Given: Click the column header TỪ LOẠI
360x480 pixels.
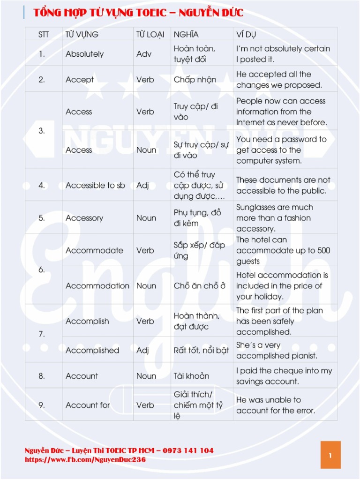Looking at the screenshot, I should coord(147,34).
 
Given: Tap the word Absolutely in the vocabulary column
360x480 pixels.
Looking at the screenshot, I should coord(84,54).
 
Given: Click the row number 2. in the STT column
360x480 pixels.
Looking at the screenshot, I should coord(42,80).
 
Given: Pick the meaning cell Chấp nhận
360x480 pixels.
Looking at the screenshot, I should coord(195,80).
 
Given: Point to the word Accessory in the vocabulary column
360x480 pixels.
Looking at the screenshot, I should coord(84,218).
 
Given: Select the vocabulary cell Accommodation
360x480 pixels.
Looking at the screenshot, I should coord(97,285).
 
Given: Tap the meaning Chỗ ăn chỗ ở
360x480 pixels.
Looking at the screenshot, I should coord(200,285).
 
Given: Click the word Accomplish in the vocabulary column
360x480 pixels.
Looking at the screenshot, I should coord(87,321).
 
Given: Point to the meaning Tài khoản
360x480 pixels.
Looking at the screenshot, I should coord(191,376).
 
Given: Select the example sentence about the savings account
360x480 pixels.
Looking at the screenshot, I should coord(284,376).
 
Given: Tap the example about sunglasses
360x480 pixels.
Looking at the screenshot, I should coord(275,218).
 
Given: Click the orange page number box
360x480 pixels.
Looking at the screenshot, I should coord(330,455).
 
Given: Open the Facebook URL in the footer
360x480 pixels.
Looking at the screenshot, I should coord(85,460).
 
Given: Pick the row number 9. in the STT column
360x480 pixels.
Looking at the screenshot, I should coord(42,405).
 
